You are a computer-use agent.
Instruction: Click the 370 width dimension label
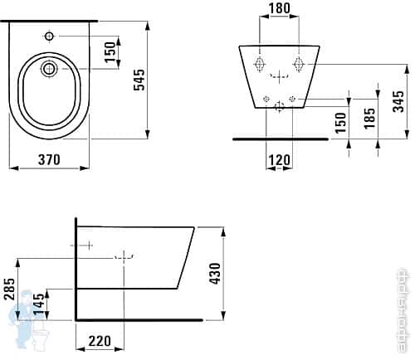click(x=47, y=161)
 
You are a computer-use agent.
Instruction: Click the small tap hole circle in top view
click(x=49, y=36)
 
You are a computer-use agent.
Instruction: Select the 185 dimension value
click(x=369, y=117)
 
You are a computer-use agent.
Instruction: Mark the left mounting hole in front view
click(x=260, y=64)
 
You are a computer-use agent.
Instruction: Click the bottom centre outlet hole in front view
click(x=279, y=105)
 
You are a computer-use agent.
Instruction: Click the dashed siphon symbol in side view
click(x=124, y=256)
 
